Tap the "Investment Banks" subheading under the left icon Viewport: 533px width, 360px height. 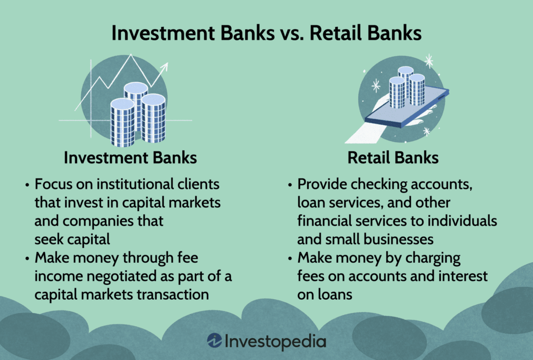click(130, 158)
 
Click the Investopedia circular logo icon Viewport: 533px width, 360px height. click(214, 341)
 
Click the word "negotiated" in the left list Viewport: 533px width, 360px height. click(121, 276)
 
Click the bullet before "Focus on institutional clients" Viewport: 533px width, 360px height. click(27, 185)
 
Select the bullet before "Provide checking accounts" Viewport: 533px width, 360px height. click(290, 185)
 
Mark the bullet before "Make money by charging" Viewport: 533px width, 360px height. click(290, 258)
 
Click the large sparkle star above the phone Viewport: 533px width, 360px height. click(429, 61)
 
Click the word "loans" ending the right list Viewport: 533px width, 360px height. click(333, 294)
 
